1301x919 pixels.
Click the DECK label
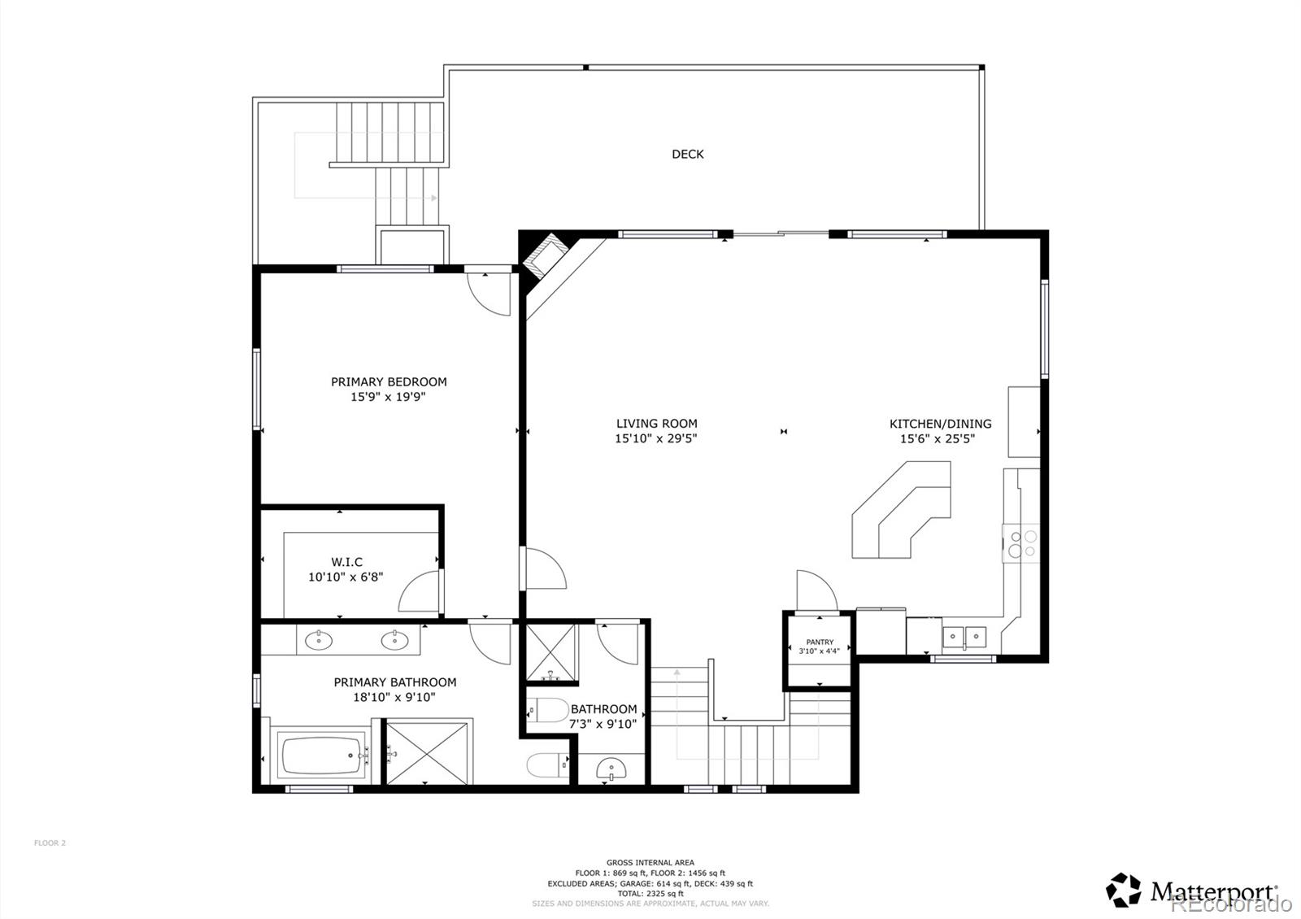pos(687,154)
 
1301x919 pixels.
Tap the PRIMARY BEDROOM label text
pos(389,381)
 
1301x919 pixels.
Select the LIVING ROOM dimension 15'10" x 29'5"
pos(655,438)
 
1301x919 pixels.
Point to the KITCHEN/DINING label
pos(940,424)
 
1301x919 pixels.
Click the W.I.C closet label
pos(346,562)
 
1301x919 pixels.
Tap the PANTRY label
pos(820,642)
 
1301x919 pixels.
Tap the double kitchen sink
pos(964,634)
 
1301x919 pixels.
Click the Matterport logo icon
pos(1124,891)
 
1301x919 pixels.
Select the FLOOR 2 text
pos(50,843)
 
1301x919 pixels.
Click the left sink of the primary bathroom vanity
pos(319,641)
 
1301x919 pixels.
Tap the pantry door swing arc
pos(816,590)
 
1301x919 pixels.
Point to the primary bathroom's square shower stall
pos(428,752)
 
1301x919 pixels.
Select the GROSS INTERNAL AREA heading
pos(650,862)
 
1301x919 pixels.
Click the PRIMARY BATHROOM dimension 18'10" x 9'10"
pos(394,697)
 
